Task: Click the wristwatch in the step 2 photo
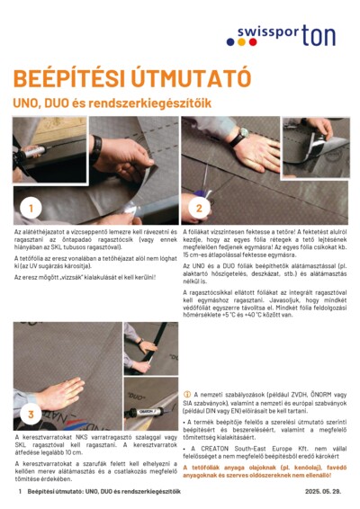[245, 135]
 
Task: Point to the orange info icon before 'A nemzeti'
[186, 394]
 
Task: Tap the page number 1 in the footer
[19, 493]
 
